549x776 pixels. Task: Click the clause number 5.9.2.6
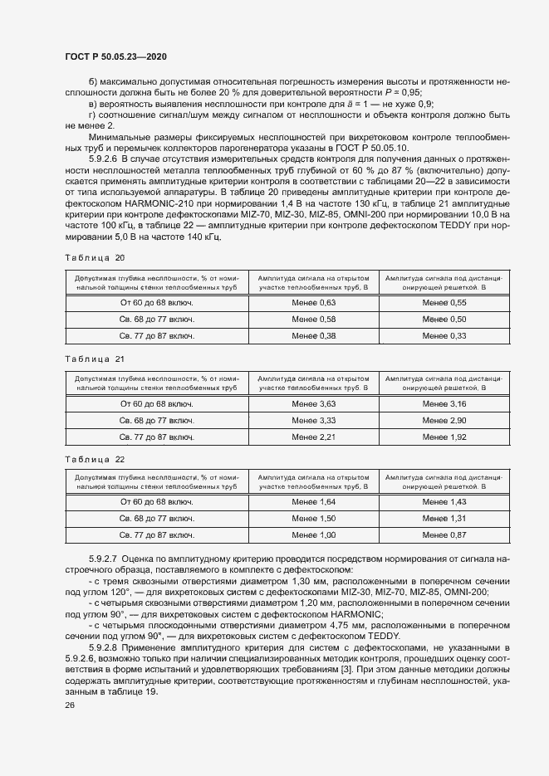pyautogui.click(x=104, y=158)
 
